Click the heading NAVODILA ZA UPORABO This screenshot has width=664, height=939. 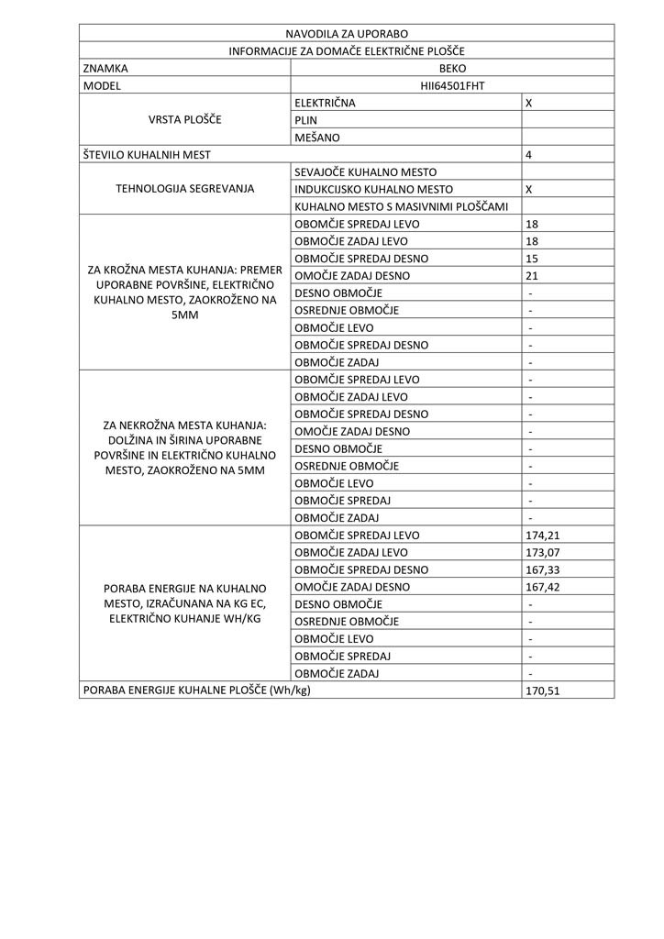point(347,34)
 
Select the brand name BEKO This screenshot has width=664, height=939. point(452,69)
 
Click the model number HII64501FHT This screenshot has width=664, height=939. point(452,86)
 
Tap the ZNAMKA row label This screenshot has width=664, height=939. point(105,69)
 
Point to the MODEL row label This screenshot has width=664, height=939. point(102,86)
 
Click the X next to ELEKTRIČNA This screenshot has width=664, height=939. point(529,104)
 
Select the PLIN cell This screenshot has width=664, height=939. point(306,120)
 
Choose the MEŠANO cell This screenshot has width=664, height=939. point(317,138)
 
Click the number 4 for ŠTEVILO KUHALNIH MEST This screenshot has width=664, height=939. point(529,155)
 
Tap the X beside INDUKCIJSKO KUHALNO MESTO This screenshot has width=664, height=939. point(529,190)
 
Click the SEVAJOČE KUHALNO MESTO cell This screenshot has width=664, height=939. point(365,172)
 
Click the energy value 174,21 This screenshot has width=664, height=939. point(543,536)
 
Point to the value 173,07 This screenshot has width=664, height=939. point(543,553)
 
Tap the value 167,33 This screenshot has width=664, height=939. point(543,569)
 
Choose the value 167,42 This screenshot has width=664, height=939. point(543,587)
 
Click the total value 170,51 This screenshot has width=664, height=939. point(543,690)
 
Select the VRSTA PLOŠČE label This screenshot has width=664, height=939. point(184,120)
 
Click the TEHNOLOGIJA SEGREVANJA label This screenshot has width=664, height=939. point(184,190)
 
